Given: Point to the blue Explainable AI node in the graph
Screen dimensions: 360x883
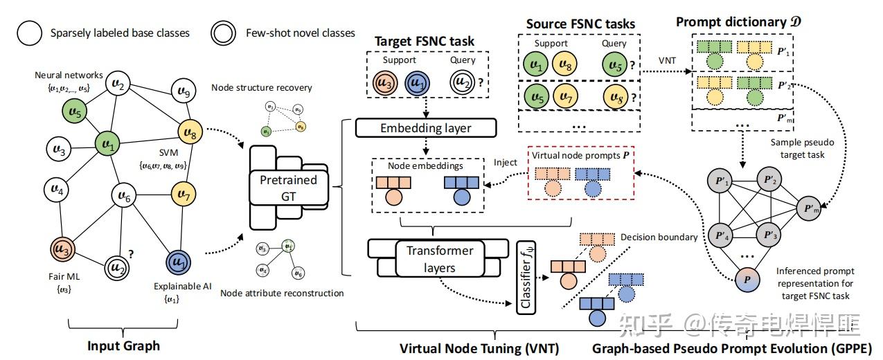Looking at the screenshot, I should tap(178, 263).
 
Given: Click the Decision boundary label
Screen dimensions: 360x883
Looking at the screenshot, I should tap(658, 237).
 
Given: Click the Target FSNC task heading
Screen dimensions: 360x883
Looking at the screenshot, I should tap(424, 41).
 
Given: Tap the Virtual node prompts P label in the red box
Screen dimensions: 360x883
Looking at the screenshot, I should tap(581, 156).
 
